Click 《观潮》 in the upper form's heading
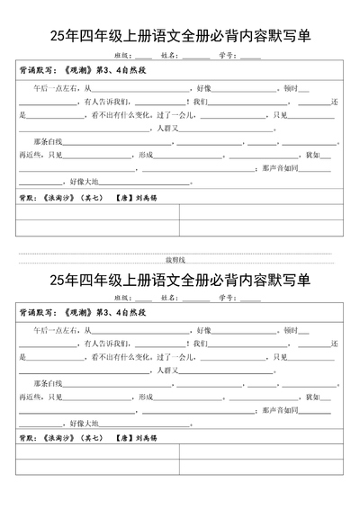81,71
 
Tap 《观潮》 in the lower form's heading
81,312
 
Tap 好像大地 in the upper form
79,181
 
